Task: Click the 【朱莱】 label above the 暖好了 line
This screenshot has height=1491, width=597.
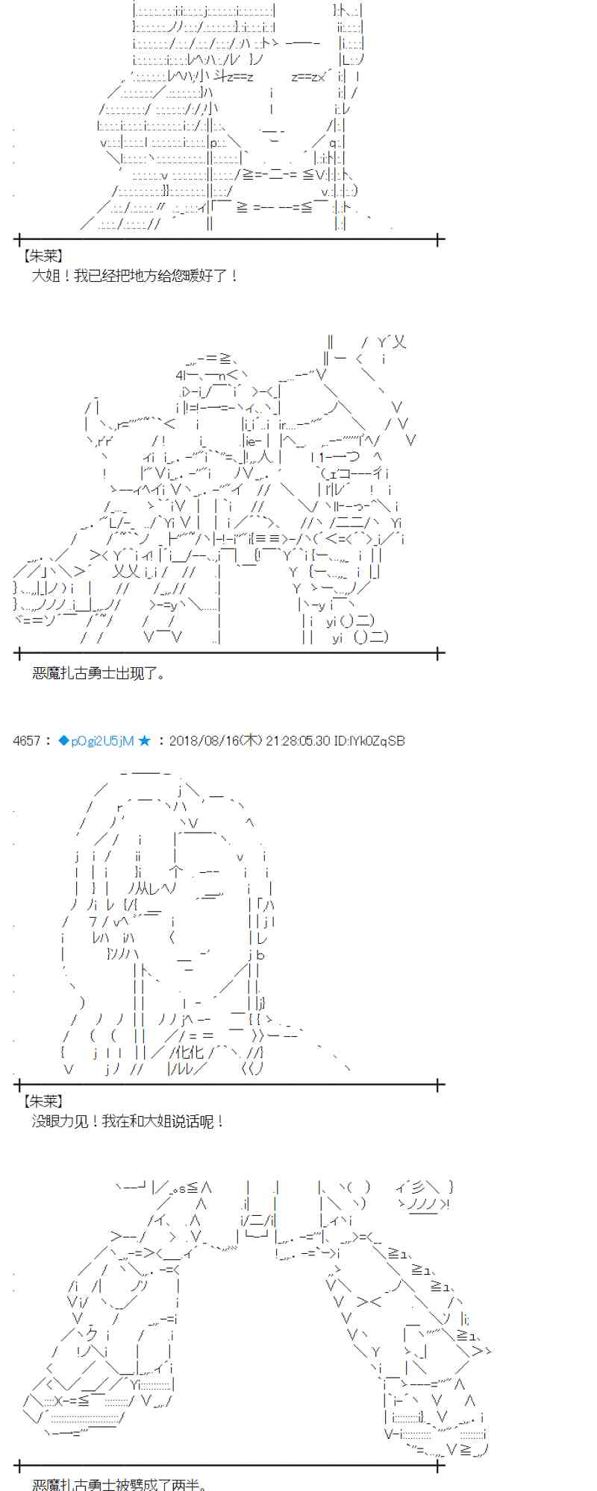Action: pos(43,256)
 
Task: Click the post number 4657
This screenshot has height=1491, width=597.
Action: pos(27,740)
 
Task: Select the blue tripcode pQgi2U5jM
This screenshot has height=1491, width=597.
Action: pos(102,740)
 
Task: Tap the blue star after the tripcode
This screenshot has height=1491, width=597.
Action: pos(145,740)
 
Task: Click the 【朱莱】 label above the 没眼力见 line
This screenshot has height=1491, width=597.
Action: pos(43,1101)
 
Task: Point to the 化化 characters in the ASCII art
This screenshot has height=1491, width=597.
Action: pos(186,1052)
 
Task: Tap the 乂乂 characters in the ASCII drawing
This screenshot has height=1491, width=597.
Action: pos(125,572)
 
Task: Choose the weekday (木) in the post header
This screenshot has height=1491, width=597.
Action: pos(252,740)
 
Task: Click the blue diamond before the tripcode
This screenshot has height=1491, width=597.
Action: pos(63,740)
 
